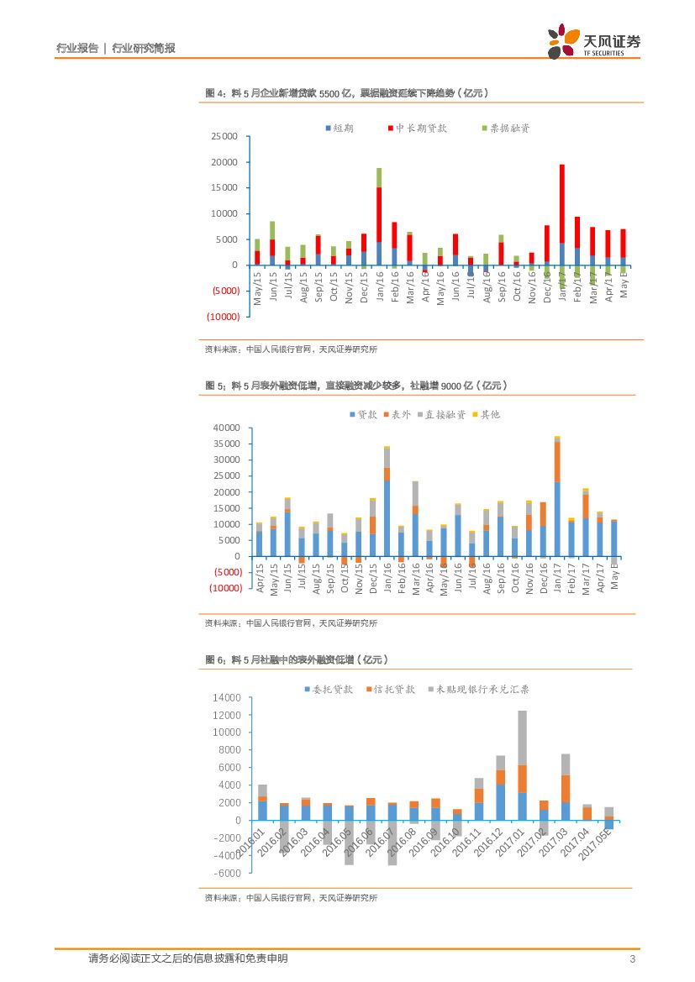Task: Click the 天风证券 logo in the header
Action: click(594, 40)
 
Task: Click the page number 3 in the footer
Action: click(631, 958)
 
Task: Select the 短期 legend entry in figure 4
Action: click(340, 129)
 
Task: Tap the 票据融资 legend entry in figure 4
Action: click(505, 129)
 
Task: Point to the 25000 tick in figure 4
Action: click(224, 136)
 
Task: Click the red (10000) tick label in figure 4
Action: click(223, 317)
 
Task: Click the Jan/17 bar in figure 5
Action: click(556, 496)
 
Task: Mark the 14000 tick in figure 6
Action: click(227, 698)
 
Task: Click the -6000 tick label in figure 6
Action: click(226, 873)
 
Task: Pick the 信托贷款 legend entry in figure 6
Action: click(391, 689)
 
